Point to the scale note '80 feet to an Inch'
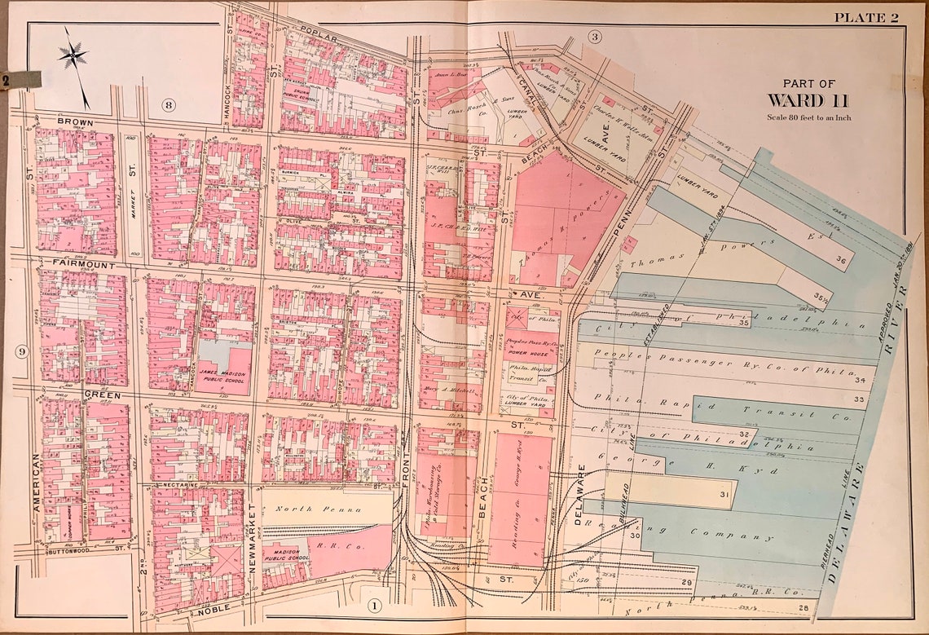click(808, 117)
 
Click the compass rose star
click(73, 55)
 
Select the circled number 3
click(595, 37)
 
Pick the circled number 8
click(169, 104)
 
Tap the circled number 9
click(21, 352)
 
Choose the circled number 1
click(374, 606)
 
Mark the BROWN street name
click(75, 122)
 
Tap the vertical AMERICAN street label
click(36, 481)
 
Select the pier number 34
click(859, 380)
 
